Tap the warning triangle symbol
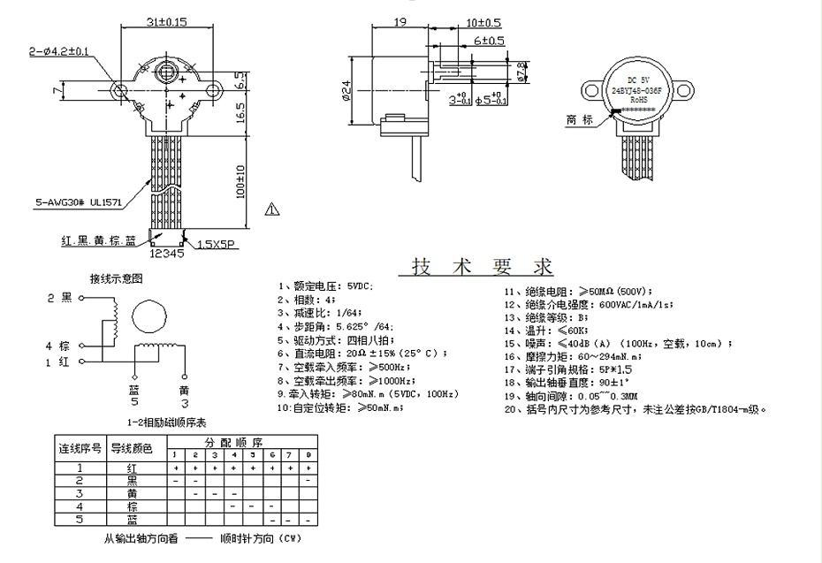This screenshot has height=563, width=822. tap(271, 209)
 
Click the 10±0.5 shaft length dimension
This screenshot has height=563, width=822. tap(483, 22)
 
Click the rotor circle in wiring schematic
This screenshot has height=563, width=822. tap(145, 316)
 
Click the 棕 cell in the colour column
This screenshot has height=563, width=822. tap(131, 506)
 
